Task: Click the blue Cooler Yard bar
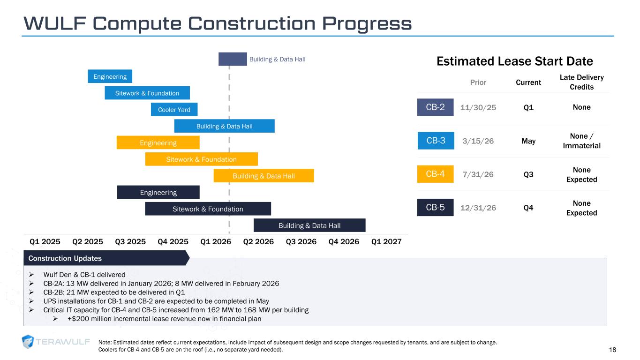(174, 110)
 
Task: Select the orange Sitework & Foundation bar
(201, 159)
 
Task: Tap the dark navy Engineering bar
(158, 192)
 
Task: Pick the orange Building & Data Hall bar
(264, 176)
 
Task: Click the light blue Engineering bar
(110, 76)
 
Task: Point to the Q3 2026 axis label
(301, 242)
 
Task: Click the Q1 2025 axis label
(45, 242)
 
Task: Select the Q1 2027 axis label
(386, 242)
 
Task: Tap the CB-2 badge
(435, 107)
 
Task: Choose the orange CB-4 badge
(435, 174)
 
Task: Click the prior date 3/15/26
(478, 141)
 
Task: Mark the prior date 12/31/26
(478, 208)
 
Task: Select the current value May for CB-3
(528, 141)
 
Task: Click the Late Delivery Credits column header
(581, 82)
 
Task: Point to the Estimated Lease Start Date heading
(514, 61)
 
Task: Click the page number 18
(612, 350)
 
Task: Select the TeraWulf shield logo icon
(28, 342)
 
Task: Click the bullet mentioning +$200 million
(164, 319)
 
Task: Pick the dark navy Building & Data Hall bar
(309, 225)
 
